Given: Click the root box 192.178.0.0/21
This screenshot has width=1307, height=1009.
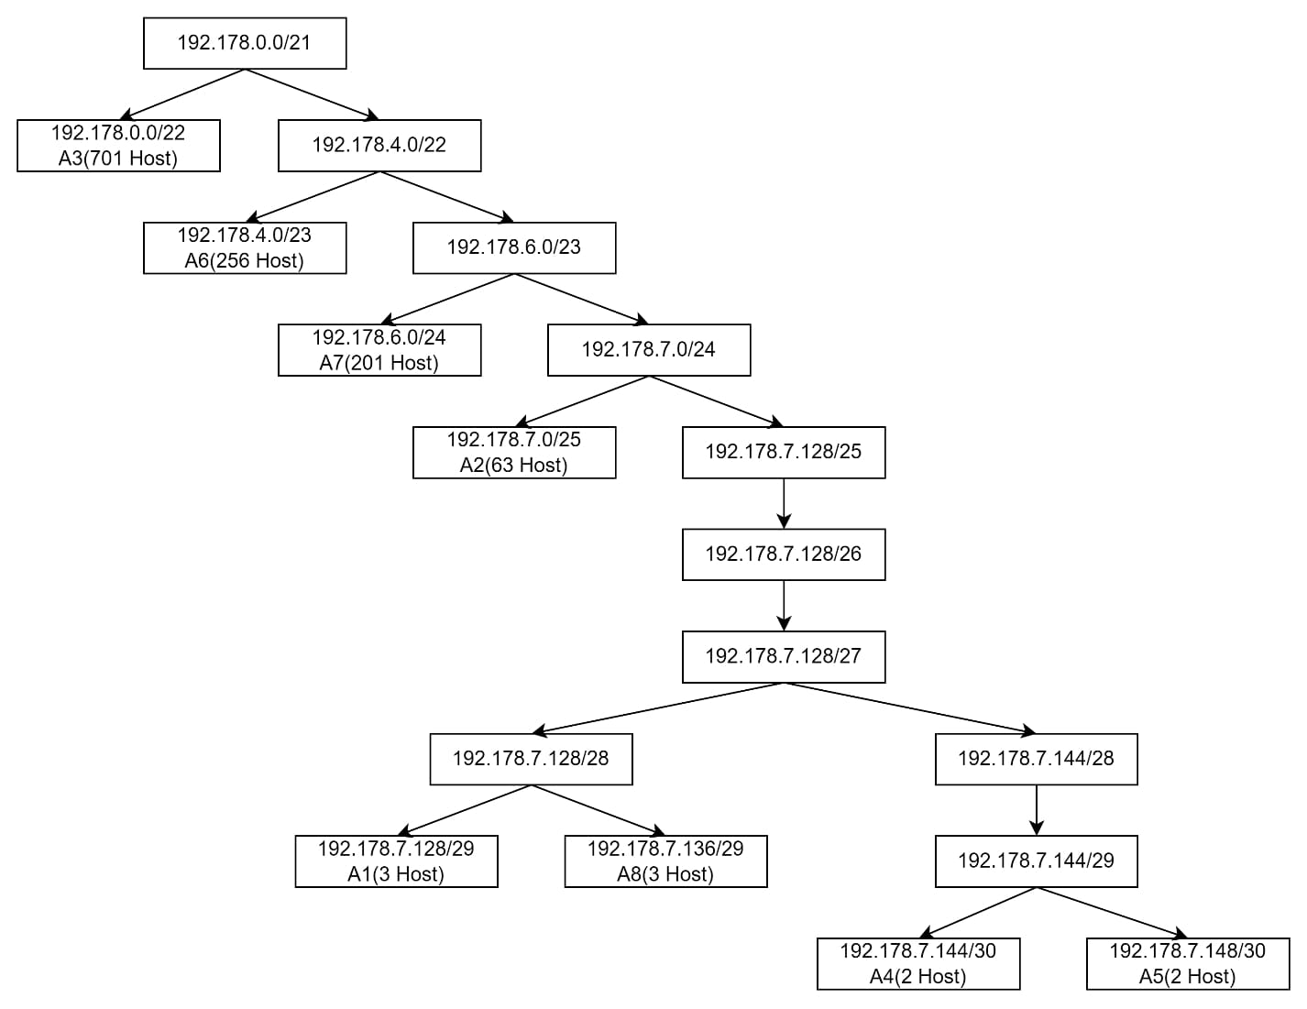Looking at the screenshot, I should point(245,43).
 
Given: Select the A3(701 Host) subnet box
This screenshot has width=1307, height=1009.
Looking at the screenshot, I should point(118,145).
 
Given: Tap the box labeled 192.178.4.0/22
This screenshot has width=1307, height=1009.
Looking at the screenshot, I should point(379,145).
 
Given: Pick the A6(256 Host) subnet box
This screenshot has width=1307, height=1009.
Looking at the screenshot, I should point(245,247).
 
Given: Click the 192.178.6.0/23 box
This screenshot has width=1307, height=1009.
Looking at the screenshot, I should point(514,247).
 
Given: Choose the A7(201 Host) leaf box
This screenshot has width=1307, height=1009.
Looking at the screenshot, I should point(379,350).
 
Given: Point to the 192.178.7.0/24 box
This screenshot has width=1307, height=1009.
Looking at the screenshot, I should point(649,350).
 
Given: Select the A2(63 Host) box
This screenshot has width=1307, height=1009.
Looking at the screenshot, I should point(514,452).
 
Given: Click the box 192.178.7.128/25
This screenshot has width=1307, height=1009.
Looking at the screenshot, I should point(784,452).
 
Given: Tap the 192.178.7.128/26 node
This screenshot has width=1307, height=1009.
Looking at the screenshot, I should point(784,554).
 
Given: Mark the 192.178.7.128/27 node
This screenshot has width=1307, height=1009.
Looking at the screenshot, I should point(784,656).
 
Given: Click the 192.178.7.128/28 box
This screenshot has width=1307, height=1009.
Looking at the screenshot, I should point(531,759).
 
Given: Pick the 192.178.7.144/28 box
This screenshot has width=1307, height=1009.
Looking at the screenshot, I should point(1036,759).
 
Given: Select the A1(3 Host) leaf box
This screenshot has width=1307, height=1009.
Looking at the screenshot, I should point(396,861).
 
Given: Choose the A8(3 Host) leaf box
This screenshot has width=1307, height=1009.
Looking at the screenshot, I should point(665,861).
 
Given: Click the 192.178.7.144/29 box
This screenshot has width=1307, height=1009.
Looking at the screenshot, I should point(1036,861).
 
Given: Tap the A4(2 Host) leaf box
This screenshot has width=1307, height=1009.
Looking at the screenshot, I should point(918,963).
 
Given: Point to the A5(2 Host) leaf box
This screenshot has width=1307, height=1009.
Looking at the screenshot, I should point(1188,963).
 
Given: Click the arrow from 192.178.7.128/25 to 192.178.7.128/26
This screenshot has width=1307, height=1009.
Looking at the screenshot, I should point(784,503).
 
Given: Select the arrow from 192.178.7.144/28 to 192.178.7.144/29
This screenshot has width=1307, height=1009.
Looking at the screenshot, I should point(1036,810).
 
